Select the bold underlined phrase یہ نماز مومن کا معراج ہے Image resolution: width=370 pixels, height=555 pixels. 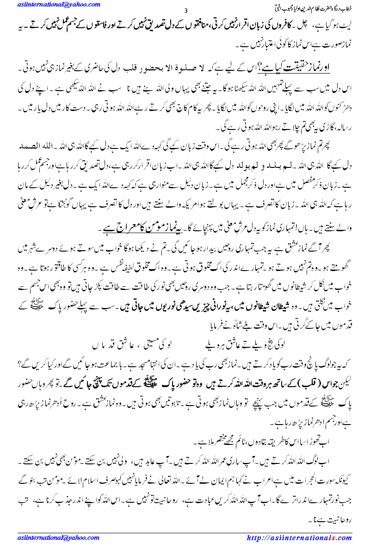(141, 229)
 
